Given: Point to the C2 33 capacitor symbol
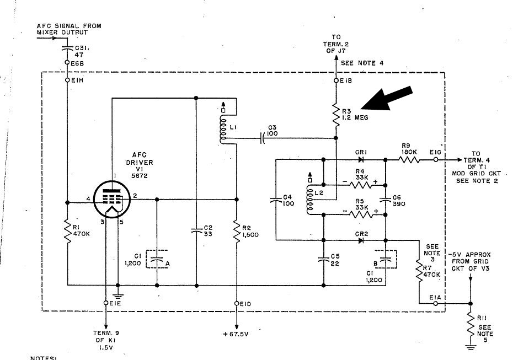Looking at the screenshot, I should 196,231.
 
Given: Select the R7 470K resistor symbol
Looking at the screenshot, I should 419,270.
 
